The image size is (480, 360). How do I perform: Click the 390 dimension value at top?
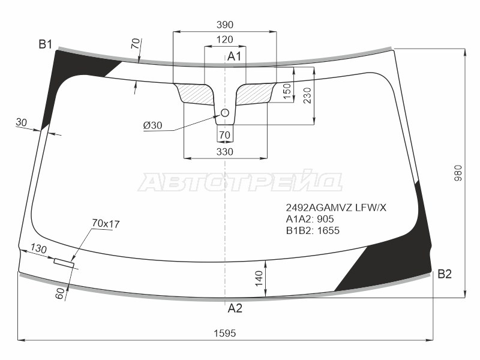pos(224,25)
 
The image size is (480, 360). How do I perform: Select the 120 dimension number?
pos(224,40)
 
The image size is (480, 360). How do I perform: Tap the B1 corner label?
pos(46,44)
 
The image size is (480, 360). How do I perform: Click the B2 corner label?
pos(445,274)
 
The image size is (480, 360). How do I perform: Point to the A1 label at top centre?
pos(234,56)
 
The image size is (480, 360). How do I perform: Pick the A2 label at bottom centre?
pos(235,308)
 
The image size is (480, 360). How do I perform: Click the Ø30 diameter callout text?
pos(152,125)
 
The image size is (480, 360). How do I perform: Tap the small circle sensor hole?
pos(225,113)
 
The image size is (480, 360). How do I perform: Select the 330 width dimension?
pos(224,152)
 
